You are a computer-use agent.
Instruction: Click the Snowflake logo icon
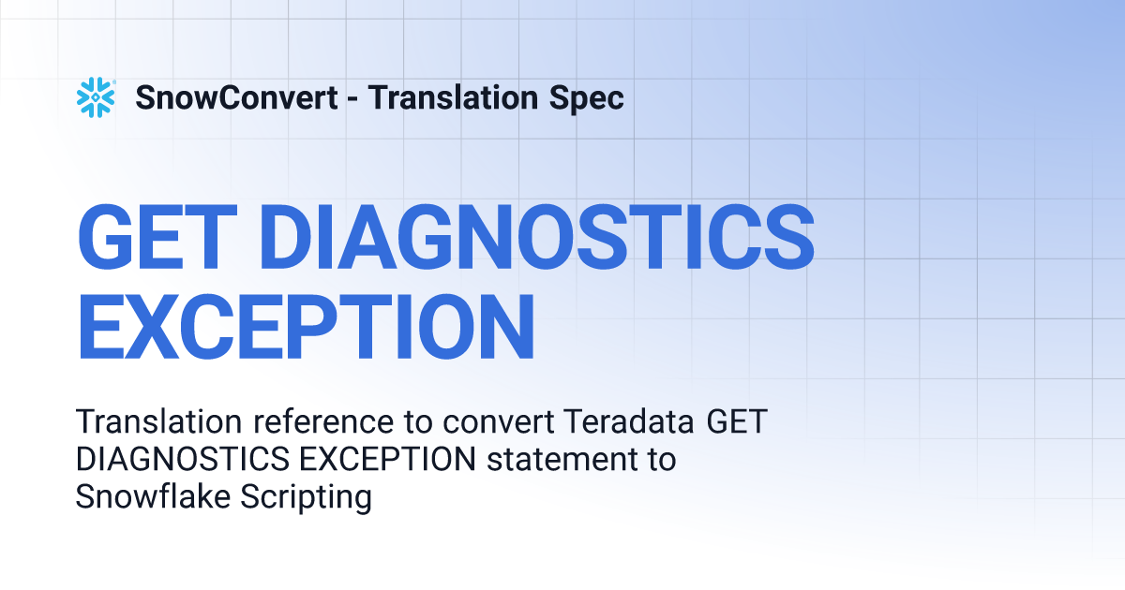96,97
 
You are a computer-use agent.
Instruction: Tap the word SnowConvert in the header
236,97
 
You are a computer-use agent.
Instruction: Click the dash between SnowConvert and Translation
352,98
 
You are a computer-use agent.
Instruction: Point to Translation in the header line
453,97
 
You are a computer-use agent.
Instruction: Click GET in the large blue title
157,237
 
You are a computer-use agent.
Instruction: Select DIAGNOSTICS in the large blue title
537,237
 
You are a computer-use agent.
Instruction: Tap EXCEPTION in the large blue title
306,327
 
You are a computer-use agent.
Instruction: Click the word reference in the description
323,421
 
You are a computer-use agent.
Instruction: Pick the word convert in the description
498,422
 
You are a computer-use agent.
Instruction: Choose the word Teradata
629,421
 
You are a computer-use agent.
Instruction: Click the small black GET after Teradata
737,421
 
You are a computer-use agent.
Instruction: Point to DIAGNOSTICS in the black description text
183,459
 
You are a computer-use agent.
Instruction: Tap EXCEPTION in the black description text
388,459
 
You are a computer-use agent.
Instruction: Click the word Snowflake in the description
153,496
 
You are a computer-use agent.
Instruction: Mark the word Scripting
306,497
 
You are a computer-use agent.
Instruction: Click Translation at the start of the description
159,421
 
